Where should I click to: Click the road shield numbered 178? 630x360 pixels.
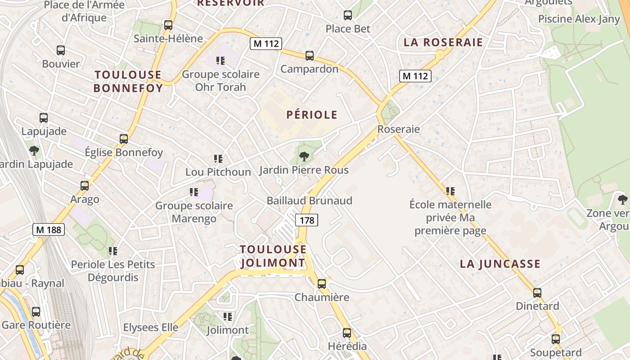307,220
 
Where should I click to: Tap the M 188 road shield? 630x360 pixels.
49,229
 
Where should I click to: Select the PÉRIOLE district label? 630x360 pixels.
312,115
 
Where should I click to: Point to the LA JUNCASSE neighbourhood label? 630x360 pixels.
500,264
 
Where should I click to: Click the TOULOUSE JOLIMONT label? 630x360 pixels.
273,256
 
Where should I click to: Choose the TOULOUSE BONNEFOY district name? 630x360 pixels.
128,81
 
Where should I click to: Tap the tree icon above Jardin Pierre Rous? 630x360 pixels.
304,157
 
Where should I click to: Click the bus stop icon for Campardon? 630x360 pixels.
310,56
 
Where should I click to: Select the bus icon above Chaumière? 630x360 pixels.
321,284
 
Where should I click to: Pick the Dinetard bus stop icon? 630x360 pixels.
537,293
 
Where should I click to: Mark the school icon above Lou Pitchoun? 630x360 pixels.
218,159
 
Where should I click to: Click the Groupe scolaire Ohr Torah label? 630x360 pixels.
220,81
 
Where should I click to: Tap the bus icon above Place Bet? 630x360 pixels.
348,15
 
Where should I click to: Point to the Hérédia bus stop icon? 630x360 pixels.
347,333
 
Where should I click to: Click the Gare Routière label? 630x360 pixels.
36,325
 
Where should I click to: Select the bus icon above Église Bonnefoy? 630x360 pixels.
124,139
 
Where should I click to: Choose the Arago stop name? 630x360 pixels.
85,199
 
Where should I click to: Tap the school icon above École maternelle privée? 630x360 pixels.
450,191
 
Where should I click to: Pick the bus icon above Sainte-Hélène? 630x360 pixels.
168,25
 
